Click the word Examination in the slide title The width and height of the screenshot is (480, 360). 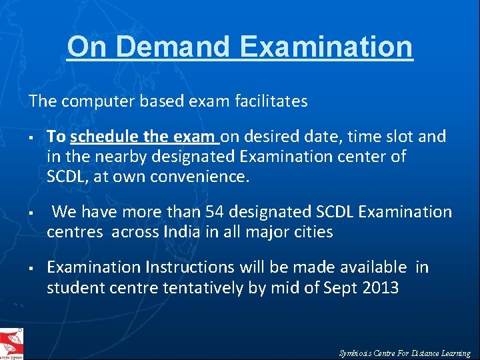[326, 47]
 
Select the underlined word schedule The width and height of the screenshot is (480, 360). [105, 137]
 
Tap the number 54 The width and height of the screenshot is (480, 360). [215, 213]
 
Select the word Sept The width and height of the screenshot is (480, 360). [341, 287]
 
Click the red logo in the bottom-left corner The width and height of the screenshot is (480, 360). [12, 344]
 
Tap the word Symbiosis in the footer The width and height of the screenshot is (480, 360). [359, 353]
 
